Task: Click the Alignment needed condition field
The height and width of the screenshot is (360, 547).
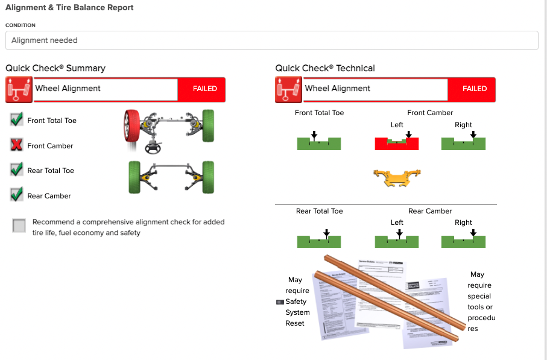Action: [271, 40]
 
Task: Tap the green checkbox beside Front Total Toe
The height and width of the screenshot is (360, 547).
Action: [17, 119]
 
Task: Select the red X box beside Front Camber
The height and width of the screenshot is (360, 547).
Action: [17, 145]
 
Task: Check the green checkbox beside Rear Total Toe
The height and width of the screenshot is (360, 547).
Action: [17, 169]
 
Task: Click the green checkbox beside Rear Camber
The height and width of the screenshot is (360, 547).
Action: [17, 195]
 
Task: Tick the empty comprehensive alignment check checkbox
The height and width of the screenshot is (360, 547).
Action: [19, 226]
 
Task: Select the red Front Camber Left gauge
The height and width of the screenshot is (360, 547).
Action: [397, 143]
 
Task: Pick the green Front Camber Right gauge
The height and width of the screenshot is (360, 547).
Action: [463, 143]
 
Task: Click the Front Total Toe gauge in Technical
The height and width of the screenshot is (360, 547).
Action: [319, 143]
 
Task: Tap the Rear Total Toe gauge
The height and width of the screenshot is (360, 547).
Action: [319, 241]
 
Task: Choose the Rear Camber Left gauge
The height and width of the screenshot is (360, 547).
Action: [397, 241]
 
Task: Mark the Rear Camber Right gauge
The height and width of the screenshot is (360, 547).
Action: [463, 241]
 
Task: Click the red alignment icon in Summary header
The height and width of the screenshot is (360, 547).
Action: [19, 89]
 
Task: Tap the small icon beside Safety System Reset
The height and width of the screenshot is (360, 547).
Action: [279, 302]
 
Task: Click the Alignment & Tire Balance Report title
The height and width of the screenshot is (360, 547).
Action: [69, 8]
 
